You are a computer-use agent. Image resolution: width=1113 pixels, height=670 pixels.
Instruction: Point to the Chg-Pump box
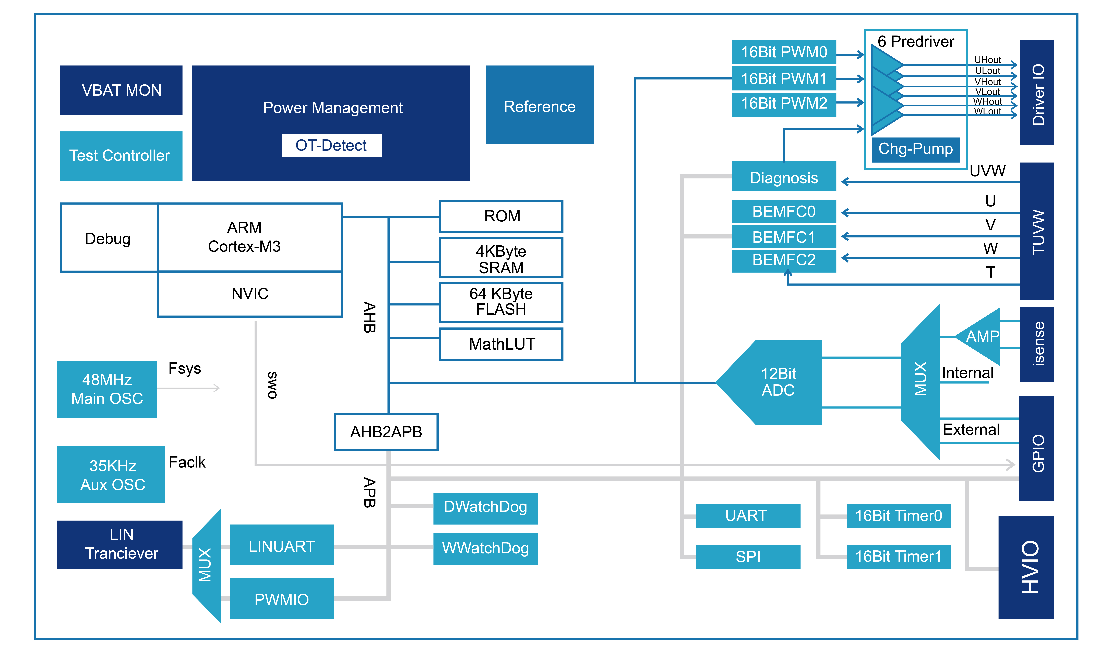point(915,149)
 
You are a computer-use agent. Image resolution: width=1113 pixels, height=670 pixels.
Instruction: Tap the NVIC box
point(250,294)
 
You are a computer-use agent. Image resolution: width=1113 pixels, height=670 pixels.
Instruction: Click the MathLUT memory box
point(501,344)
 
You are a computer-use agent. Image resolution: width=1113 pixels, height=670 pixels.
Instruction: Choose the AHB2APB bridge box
point(386,432)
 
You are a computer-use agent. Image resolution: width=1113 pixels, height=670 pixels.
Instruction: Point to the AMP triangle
point(981,336)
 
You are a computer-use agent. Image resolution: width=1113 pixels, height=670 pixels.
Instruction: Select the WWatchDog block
point(485,549)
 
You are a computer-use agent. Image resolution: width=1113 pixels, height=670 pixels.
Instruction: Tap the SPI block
point(748,557)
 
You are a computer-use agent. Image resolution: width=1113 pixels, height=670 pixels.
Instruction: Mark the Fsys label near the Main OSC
point(185,368)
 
